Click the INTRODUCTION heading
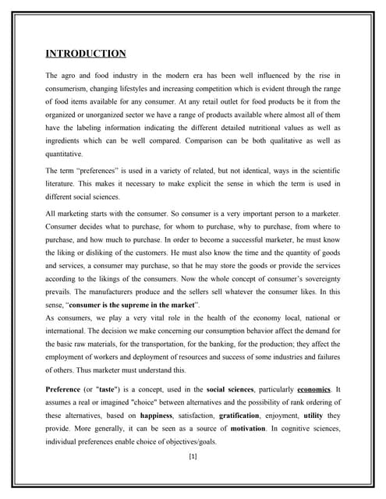(x=85, y=54)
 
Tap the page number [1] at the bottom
(x=193, y=457)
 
